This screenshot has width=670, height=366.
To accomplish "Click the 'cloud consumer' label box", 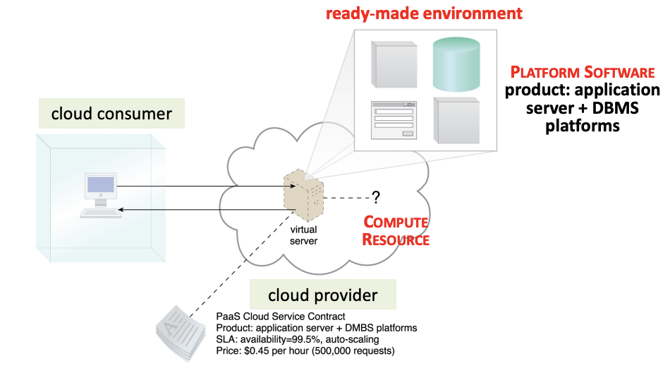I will click(111, 114).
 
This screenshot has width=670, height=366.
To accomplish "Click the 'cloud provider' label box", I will click(322, 295).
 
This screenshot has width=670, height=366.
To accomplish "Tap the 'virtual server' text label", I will click(305, 235).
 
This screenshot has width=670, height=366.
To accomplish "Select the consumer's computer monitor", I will click(101, 187).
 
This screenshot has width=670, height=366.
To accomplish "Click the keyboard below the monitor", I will click(100, 213).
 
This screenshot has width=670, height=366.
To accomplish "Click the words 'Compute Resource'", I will click(395, 231).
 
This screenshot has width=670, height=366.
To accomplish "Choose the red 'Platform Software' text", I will click(583, 73).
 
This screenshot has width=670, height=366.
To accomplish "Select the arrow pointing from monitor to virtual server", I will click(205, 187).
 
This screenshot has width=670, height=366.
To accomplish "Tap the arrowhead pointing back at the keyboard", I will click(121, 210).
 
